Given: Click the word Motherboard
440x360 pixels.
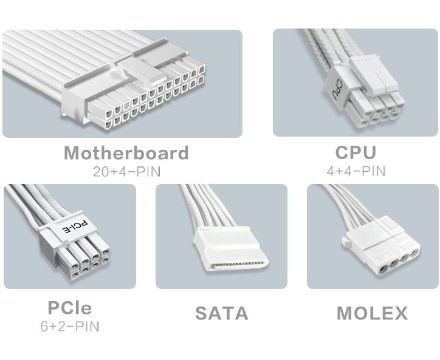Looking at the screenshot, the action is [x=126, y=153].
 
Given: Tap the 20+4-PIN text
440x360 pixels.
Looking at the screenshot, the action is [x=127, y=172].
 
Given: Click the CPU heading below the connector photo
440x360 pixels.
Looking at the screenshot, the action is [x=356, y=152].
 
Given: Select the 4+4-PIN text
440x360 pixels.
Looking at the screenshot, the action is [x=356, y=171].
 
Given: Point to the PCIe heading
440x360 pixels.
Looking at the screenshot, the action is [x=70, y=308].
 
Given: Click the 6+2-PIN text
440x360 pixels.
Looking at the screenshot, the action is [x=70, y=327].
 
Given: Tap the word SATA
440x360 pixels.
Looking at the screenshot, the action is [x=222, y=313].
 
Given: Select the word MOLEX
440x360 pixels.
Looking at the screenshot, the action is [x=372, y=313].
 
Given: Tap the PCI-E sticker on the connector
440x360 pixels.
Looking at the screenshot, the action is [x=75, y=227].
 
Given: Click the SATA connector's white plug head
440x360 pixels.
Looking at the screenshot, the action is [x=230, y=249].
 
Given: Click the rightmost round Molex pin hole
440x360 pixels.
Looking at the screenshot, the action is [x=414, y=253].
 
